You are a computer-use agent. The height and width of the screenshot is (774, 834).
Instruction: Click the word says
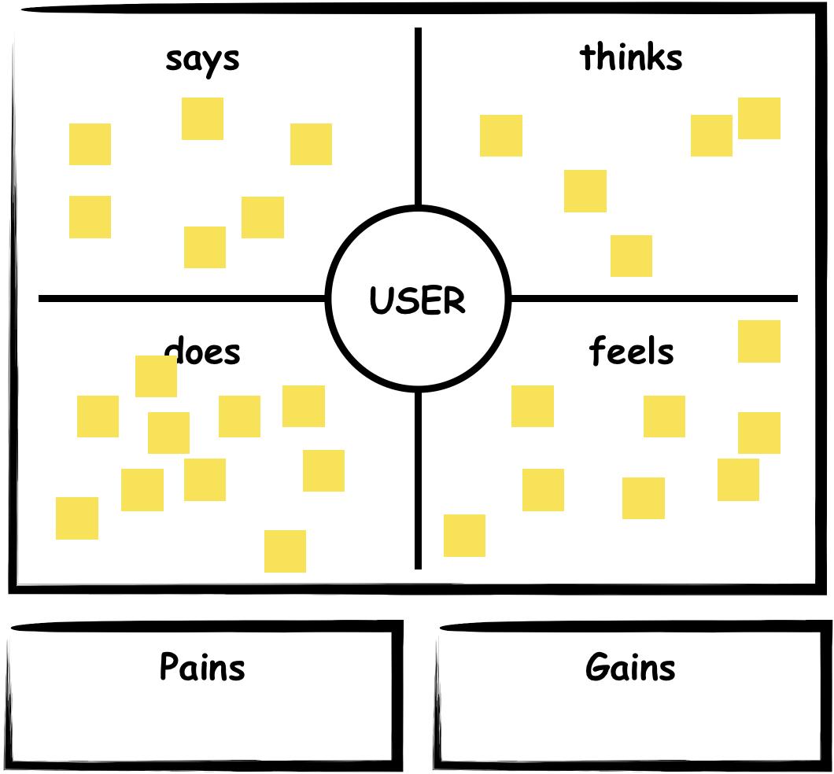(x=202, y=59)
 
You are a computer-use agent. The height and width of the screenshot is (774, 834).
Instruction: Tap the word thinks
(x=631, y=57)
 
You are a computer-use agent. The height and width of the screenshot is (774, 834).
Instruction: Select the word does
(x=202, y=352)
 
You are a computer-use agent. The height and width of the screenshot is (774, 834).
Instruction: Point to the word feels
(x=631, y=351)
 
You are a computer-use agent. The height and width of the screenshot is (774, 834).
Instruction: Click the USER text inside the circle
(x=417, y=300)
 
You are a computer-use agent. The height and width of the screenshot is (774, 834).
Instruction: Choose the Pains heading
(x=202, y=667)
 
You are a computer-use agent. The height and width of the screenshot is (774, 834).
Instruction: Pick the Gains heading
(x=630, y=668)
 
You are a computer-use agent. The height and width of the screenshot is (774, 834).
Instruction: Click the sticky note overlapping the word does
(x=156, y=376)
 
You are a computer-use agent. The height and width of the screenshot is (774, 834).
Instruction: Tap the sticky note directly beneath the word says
(x=202, y=119)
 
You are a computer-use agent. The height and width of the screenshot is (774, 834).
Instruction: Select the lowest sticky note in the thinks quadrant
(x=631, y=256)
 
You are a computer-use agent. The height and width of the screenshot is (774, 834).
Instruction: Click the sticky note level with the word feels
(x=758, y=341)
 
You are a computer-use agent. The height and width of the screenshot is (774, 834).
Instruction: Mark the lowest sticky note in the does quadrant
(x=285, y=551)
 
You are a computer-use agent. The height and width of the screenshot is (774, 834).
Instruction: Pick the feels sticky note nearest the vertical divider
(x=464, y=536)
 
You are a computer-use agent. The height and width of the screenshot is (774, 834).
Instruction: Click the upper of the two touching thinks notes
(x=759, y=119)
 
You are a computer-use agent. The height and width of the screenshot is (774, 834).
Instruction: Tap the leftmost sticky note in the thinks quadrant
(x=501, y=135)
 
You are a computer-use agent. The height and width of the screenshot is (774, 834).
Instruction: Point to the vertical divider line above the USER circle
(x=418, y=118)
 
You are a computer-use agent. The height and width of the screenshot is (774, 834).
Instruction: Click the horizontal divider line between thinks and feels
(x=653, y=299)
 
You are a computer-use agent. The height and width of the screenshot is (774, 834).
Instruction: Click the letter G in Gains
(x=598, y=668)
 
